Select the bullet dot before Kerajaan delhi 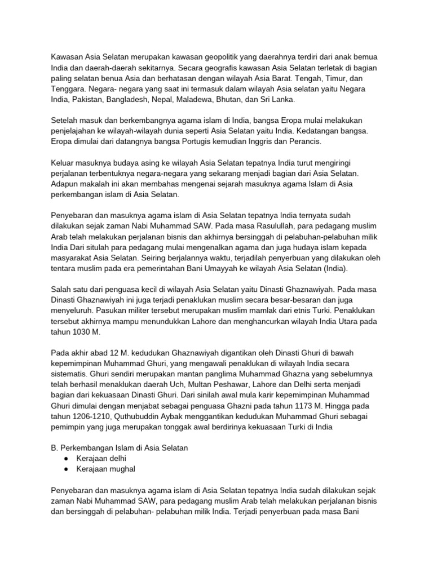coord(68,458)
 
